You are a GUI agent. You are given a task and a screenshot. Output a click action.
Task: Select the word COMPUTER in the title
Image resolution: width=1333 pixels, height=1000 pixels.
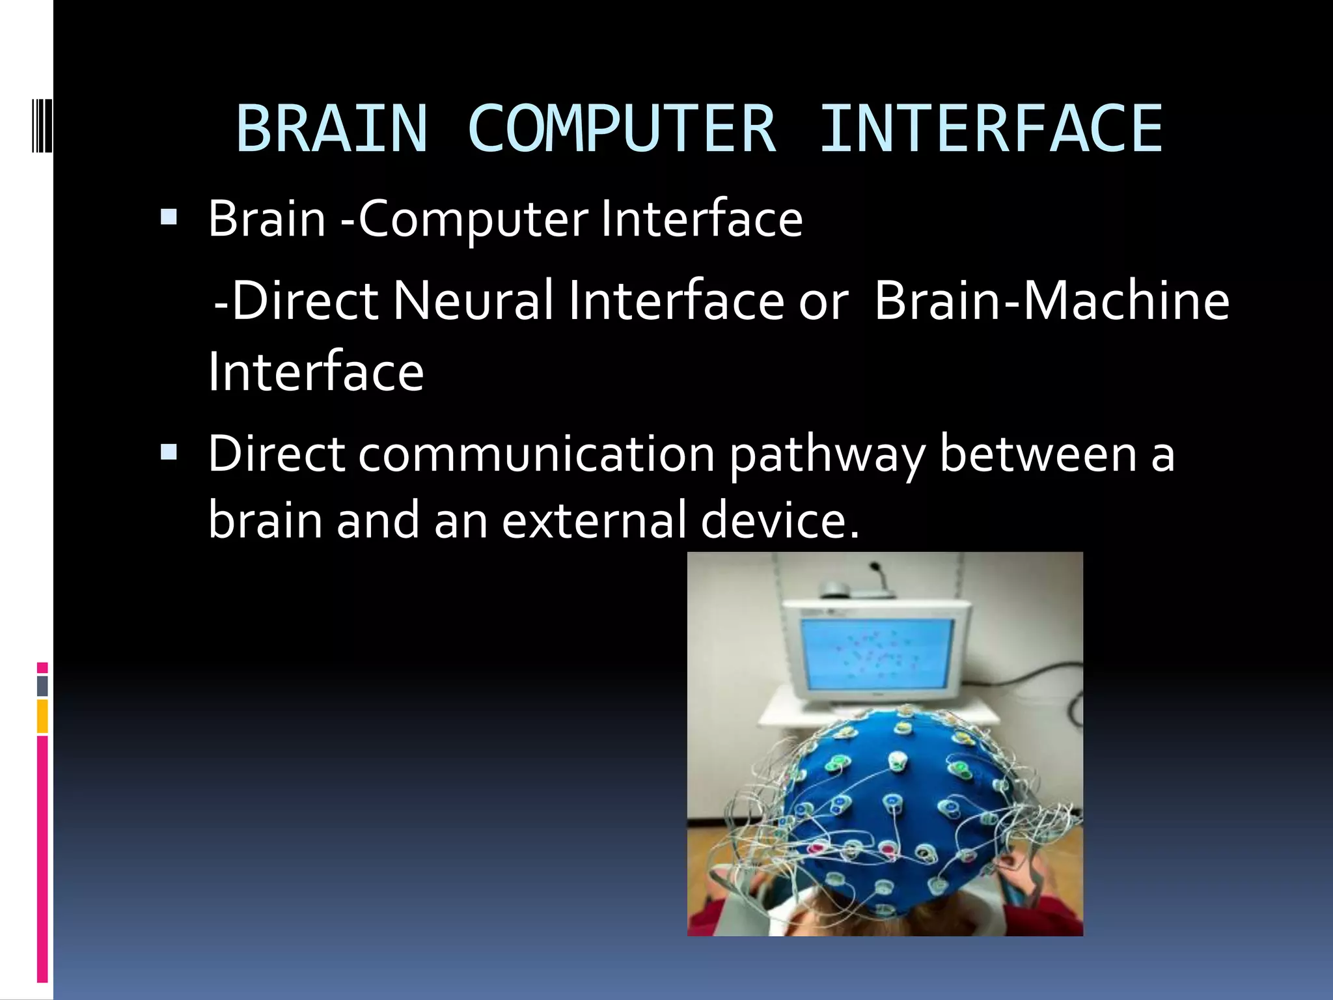pyautogui.click(x=622, y=130)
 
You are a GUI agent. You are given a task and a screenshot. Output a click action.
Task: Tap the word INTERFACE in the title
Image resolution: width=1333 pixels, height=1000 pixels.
pyautogui.click(x=991, y=130)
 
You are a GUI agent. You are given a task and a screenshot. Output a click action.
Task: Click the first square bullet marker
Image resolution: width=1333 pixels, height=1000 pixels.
pyautogui.click(x=169, y=217)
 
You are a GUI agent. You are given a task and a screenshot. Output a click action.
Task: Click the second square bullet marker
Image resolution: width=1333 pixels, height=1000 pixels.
pyautogui.click(x=169, y=452)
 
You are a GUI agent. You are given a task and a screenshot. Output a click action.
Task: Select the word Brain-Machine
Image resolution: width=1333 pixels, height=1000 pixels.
pyautogui.click(x=1051, y=301)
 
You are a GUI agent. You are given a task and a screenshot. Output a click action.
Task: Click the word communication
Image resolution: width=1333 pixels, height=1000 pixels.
pyautogui.click(x=536, y=454)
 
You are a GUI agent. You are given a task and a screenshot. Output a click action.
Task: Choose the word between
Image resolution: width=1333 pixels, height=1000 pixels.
pyautogui.click(x=1038, y=454)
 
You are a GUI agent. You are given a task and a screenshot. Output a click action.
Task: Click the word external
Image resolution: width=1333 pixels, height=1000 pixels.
pyautogui.click(x=594, y=520)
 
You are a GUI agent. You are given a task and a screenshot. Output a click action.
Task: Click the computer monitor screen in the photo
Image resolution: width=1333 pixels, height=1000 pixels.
pyautogui.click(x=877, y=654)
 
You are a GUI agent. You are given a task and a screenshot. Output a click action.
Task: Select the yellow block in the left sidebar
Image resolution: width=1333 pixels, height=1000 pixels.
pyautogui.click(x=42, y=716)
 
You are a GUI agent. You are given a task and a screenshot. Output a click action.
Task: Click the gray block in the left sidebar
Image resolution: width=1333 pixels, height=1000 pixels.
pyautogui.click(x=42, y=686)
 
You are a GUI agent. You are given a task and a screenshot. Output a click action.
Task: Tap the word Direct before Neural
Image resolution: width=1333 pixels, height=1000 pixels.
pyautogui.click(x=305, y=301)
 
